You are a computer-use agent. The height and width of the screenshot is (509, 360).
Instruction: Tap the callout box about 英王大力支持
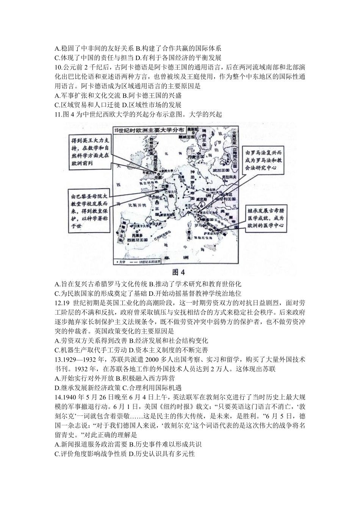(90, 152)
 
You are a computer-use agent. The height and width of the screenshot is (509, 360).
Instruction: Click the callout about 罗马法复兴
(263, 159)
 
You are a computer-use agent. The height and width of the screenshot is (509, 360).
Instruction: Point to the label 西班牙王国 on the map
(137, 239)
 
